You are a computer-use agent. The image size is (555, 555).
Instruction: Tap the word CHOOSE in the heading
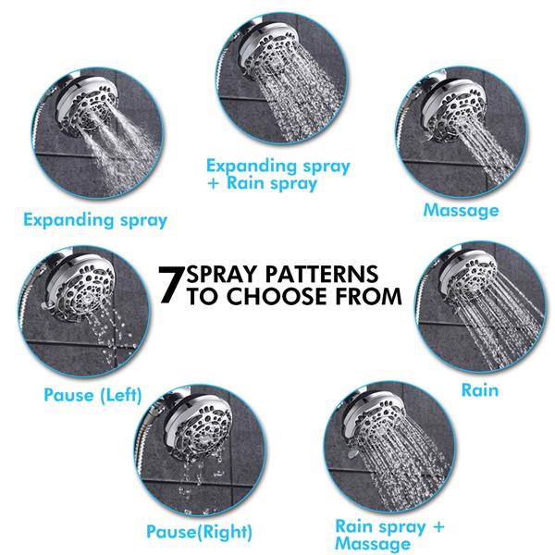(276, 296)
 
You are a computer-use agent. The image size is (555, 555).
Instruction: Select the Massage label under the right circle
(461, 211)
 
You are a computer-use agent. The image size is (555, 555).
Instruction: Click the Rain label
(479, 390)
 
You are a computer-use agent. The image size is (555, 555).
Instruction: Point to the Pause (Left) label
(92, 395)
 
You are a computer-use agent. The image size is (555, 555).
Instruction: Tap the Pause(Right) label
(199, 532)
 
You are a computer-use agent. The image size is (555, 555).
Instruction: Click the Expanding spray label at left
(95, 220)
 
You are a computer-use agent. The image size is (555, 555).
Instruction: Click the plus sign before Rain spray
(214, 184)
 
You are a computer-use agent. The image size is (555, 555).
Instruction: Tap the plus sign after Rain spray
(438, 527)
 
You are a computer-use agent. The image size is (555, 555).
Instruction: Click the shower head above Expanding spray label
(86, 108)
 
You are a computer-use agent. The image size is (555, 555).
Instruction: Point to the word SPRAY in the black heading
(223, 274)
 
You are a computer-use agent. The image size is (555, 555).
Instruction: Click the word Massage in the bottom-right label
(373, 544)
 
